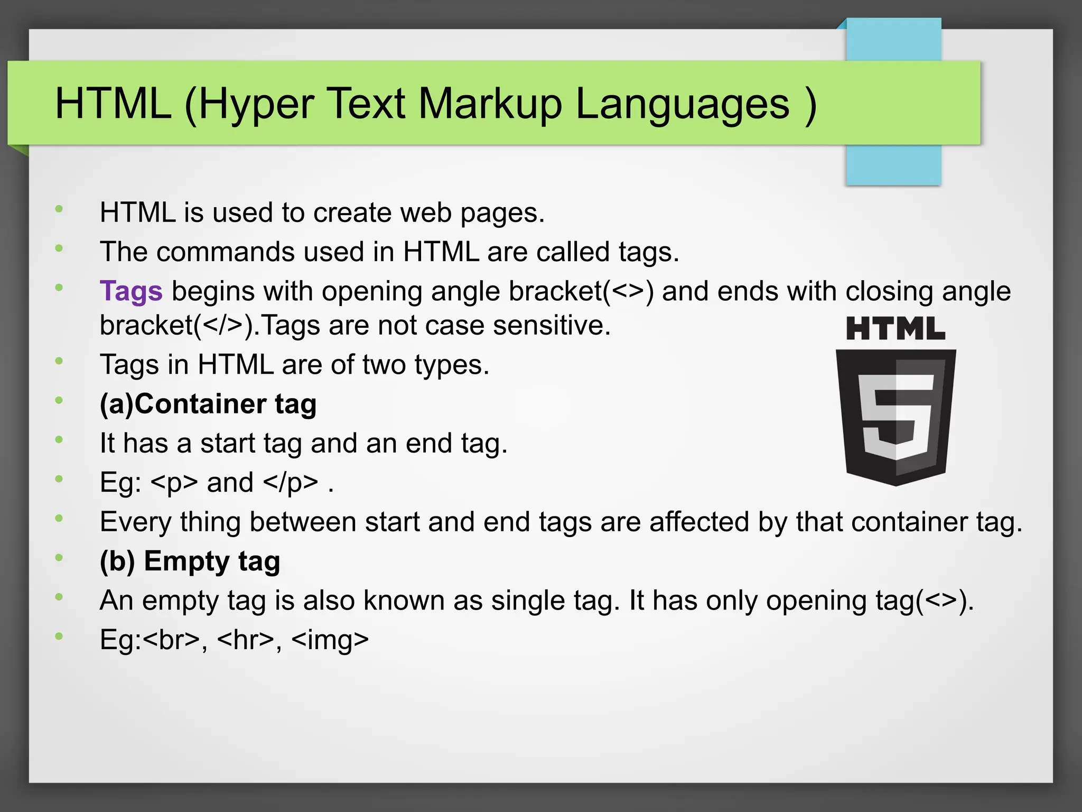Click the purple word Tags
(131, 291)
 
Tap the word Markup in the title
(490, 104)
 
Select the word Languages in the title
(682, 104)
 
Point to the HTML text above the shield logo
(896, 329)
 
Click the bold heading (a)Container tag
(208, 404)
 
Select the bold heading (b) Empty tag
(190, 561)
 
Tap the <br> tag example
(171, 640)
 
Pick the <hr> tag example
(246, 640)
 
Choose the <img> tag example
(330, 640)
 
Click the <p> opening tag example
(174, 483)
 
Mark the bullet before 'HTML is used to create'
(59, 209)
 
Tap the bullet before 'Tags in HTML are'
(59, 361)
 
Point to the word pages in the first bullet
(501, 213)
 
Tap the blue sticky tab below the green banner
(893, 165)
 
